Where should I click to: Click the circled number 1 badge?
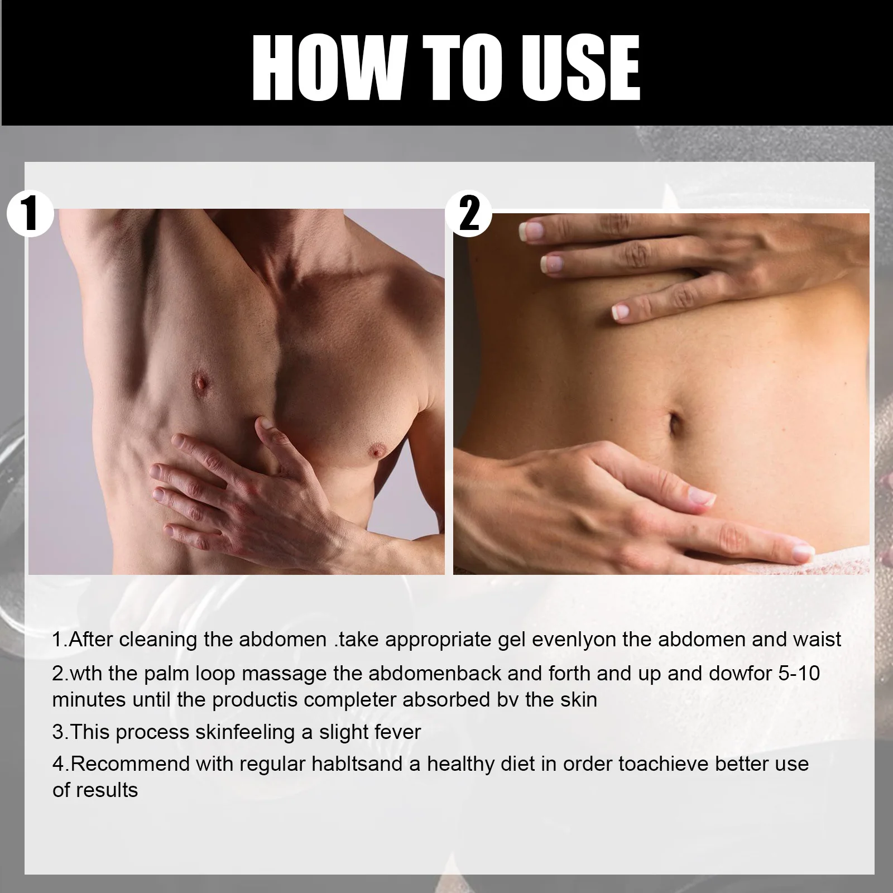point(30,213)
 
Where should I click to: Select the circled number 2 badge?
point(469,213)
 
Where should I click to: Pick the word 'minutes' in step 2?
point(89,699)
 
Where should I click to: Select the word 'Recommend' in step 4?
point(131,764)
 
